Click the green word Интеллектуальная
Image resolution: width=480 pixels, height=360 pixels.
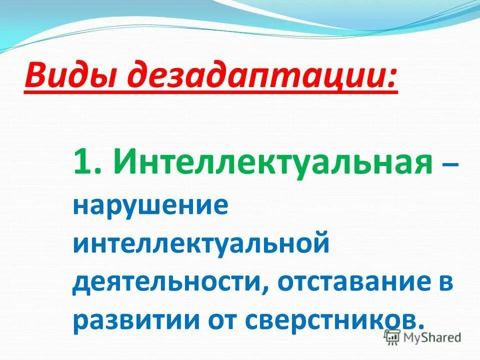(273, 162)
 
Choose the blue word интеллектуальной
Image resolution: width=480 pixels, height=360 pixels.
(201, 246)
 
